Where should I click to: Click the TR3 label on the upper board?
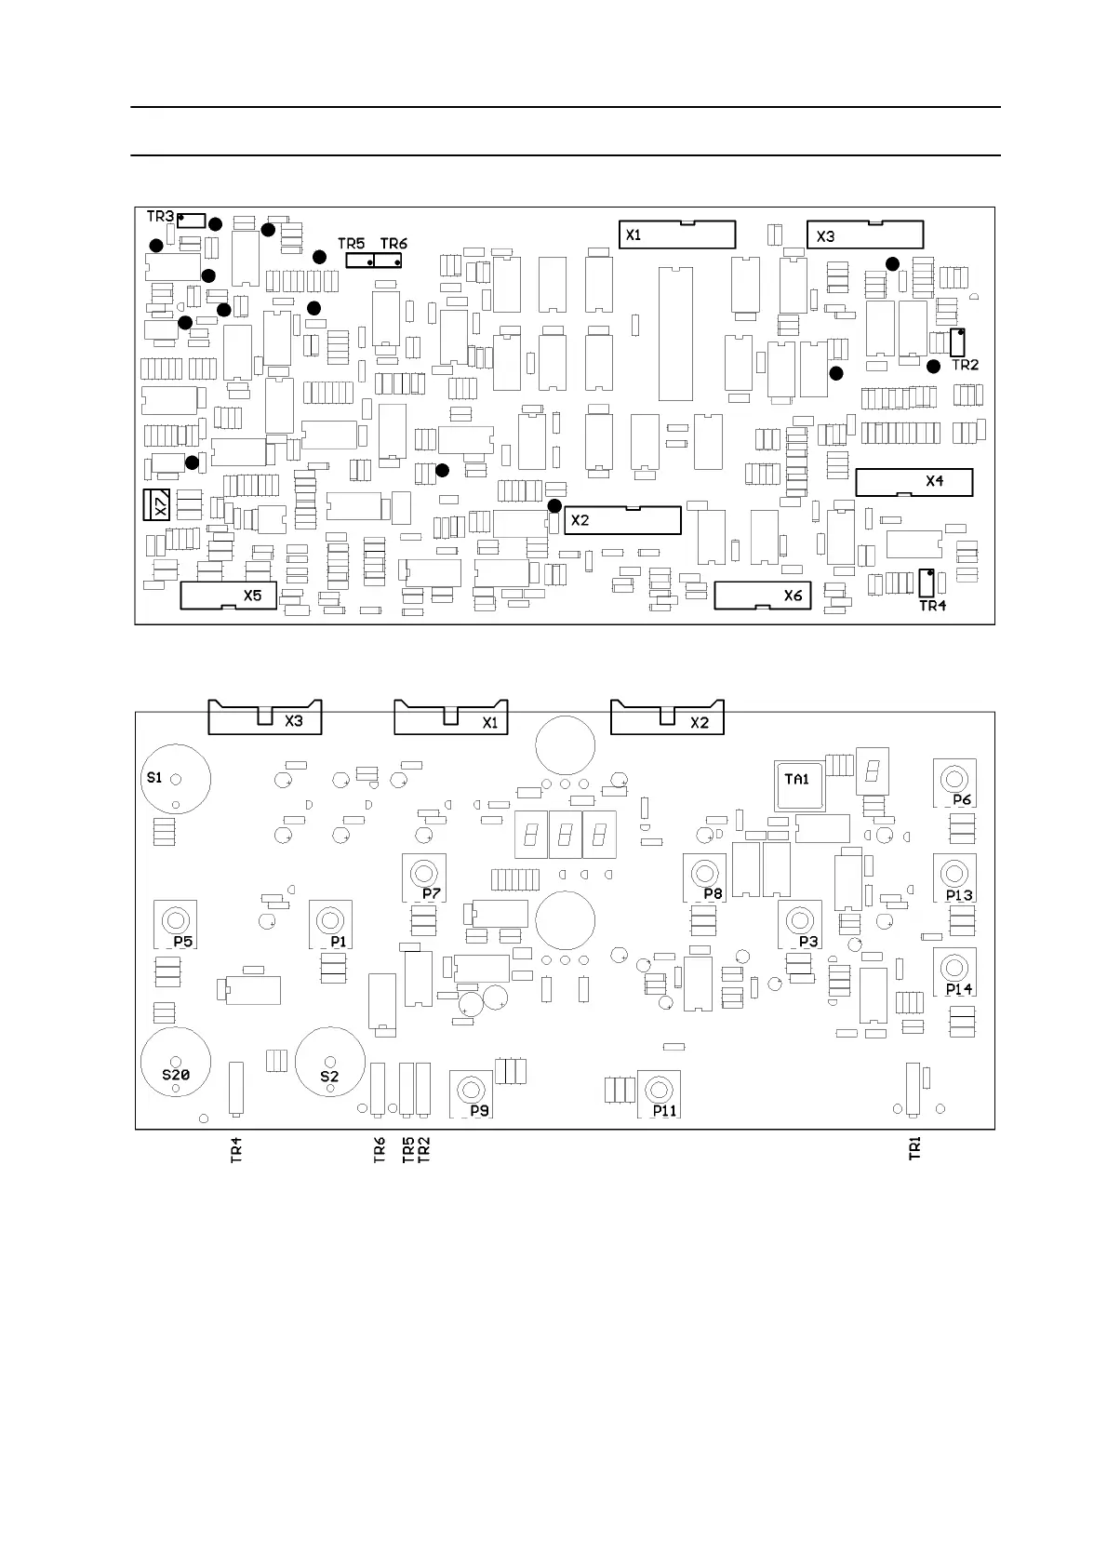160,217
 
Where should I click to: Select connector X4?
914,482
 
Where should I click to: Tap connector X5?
228,595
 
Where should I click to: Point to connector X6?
763,595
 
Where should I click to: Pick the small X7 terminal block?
156,504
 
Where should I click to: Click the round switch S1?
176,780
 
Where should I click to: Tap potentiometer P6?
954,780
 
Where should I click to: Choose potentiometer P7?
423,875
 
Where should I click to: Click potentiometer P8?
704,875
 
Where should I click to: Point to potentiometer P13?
954,875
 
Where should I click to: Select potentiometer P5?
174,922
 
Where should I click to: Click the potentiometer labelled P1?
329,922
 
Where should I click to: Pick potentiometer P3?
799,922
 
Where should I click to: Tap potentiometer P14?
954,969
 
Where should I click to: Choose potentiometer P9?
471,1092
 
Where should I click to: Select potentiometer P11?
659,1092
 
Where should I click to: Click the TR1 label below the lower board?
915,1148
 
